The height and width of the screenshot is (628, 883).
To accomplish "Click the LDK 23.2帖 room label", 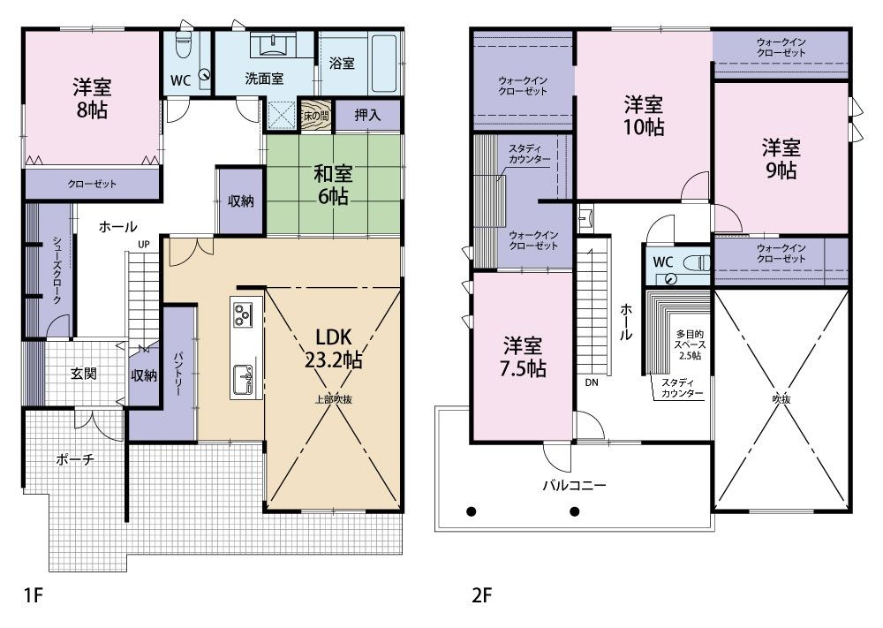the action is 334,347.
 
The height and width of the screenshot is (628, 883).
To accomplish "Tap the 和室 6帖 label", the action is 333,185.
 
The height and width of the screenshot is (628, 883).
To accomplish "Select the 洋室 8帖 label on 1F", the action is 92,98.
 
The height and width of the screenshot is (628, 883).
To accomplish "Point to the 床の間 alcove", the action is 315,116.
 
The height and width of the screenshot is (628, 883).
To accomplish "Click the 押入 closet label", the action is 367,116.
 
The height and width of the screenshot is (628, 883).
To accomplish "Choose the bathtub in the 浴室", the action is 385,64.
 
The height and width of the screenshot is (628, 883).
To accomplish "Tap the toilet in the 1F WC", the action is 183,45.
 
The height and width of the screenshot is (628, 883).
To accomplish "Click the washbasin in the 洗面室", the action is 273,44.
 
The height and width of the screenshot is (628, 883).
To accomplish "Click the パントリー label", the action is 177,374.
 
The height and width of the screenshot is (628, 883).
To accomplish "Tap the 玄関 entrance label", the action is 83,374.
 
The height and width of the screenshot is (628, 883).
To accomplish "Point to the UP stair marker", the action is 144,245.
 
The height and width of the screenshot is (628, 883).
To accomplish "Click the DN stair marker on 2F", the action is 592,382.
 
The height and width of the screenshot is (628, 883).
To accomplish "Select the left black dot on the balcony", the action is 472,512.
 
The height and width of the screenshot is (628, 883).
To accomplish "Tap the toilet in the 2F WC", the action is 698,262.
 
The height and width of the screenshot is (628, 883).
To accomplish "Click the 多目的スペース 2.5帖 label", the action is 691,344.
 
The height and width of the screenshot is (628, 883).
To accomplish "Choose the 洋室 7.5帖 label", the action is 523,357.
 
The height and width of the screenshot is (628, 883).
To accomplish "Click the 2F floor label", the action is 482,594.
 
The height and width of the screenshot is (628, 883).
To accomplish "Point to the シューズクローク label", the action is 57,271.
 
